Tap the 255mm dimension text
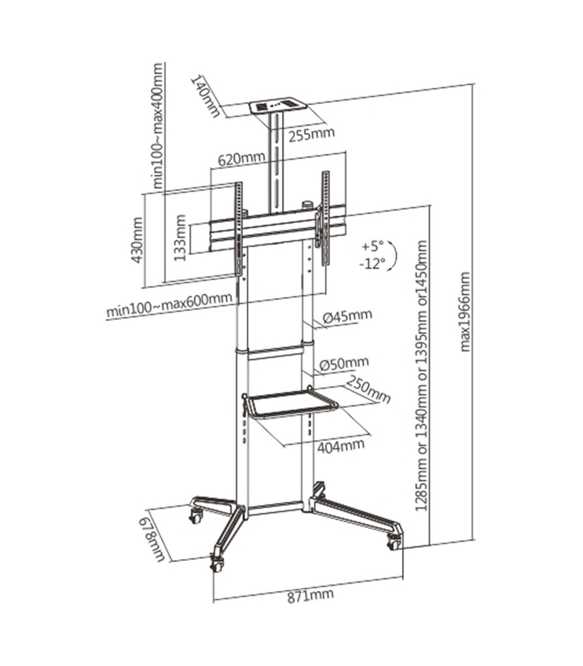(311, 133)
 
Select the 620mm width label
(241, 159)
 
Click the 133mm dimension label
(180, 238)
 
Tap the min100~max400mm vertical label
(159, 125)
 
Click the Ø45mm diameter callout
(347, 316)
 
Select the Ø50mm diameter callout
(344, 363)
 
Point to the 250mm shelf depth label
(368, 391)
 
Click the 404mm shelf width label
(341, 445)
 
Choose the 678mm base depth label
(154, 539)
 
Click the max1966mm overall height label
(465, 311)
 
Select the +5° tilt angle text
(373, 246)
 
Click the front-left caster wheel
(217, 565)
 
